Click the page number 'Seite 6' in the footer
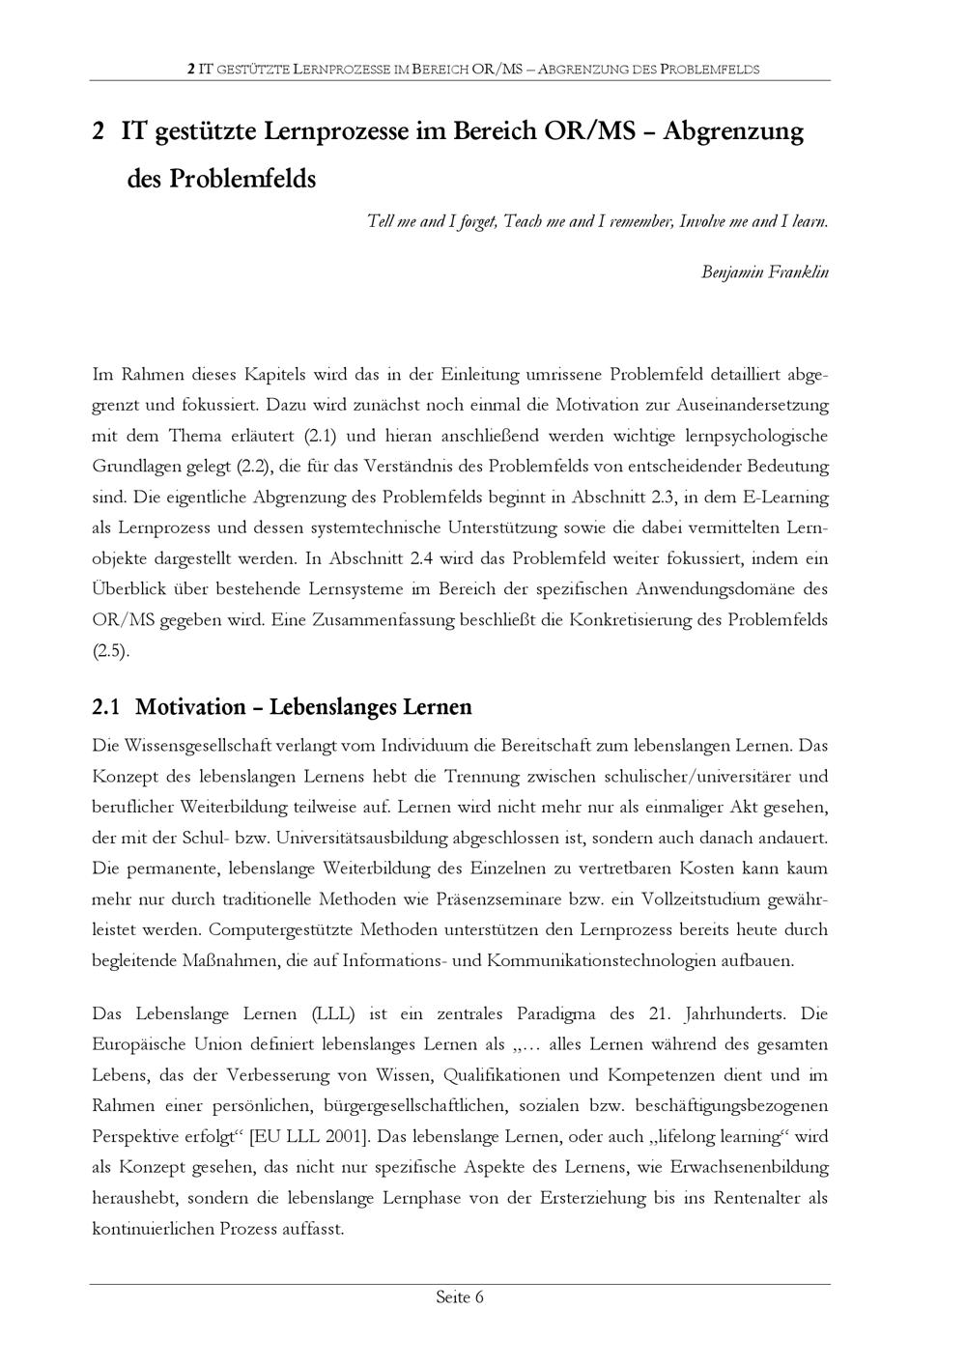(x=459, y=1297)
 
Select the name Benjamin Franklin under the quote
(x=764, y=272)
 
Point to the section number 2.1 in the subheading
(x=106, y=707)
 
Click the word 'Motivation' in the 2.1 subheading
(x=190, y=707)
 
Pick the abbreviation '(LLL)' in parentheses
(x=333, y=1014)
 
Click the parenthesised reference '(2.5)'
(x=110, y=651)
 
